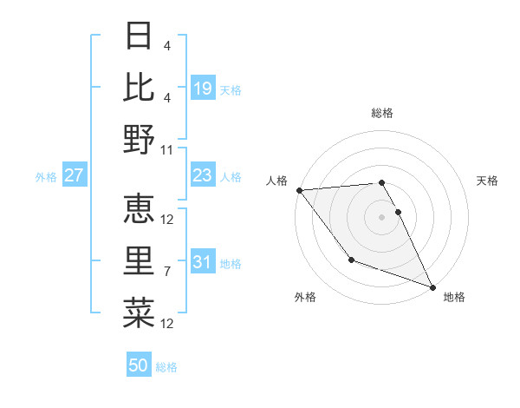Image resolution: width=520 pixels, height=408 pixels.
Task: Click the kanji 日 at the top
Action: [140, 36]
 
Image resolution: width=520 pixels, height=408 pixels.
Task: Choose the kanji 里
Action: [140, 259]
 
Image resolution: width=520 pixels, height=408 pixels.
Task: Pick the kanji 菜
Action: [140, 310]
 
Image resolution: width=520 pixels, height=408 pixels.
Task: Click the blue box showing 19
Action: [203, 88]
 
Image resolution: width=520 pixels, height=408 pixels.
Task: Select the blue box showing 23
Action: [203, 175]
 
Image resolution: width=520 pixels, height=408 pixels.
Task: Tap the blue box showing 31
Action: [203, 262]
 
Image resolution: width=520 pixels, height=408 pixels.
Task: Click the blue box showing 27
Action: [75, 175]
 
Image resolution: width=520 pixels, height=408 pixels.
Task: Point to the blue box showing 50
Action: [139, 365]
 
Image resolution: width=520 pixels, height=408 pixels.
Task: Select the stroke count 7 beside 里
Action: [167, 272]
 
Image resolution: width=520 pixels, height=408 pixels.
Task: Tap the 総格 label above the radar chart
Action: [382, 113]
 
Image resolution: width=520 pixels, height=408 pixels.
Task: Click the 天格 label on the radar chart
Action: [488, 181]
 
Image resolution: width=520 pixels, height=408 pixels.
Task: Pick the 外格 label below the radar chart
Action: [305, 297]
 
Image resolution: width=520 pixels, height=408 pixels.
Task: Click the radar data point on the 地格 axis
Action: [432, 286]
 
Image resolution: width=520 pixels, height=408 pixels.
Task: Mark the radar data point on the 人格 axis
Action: [300, 190]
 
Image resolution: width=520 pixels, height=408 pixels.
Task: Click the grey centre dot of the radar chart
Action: [382, 217]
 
